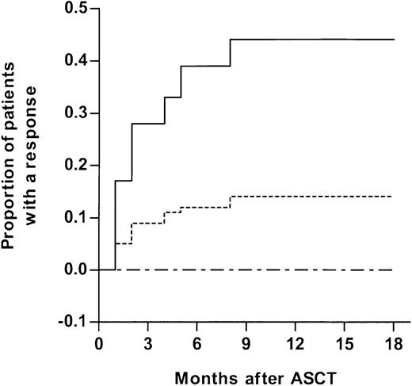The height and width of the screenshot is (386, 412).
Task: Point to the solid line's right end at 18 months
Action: tap(393, 40)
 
